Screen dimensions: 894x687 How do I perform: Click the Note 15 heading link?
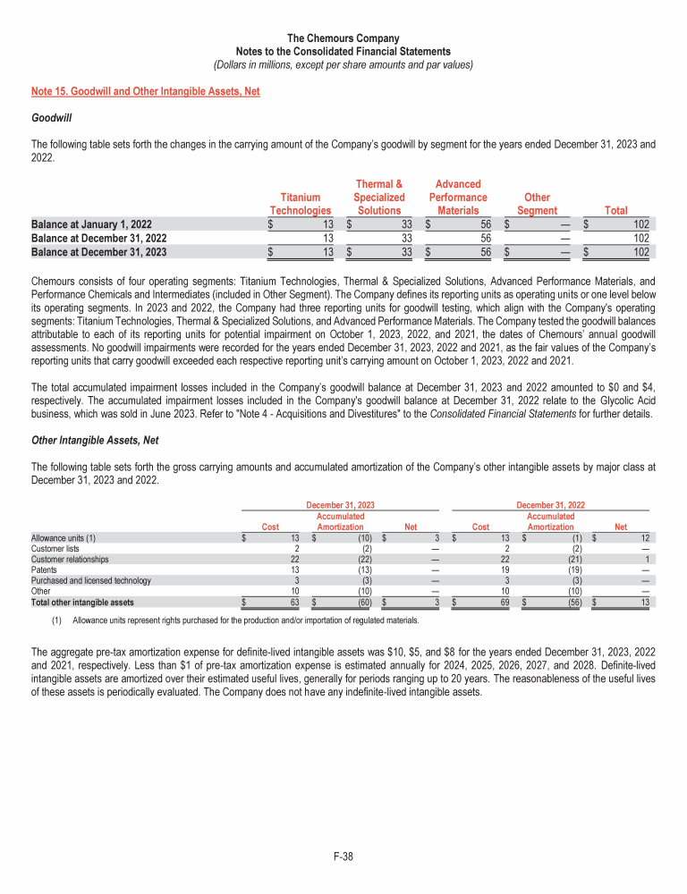pyautogui.click(x=145, y=92)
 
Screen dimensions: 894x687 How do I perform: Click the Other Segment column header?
pyautogui.click(x=537, y=204)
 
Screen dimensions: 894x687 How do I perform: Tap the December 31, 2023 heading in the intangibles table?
pyautogui.click(x=341, y=505)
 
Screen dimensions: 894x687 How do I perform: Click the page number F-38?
pyautogui.click(x=343, y=856)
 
